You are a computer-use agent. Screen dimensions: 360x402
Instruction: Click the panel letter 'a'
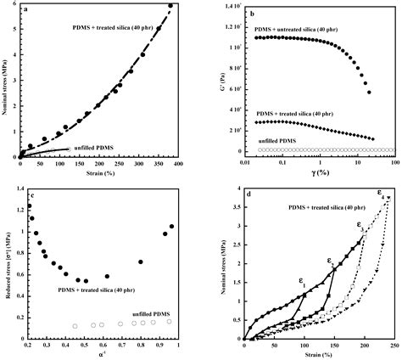(27, 10)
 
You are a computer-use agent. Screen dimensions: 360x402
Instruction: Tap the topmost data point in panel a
(170, 6)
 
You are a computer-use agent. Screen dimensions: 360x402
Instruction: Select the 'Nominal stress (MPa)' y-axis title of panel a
(6, 81)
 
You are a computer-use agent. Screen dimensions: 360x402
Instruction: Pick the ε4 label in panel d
(380, 194)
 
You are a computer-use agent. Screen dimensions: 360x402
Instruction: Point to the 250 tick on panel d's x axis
(393, 346)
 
